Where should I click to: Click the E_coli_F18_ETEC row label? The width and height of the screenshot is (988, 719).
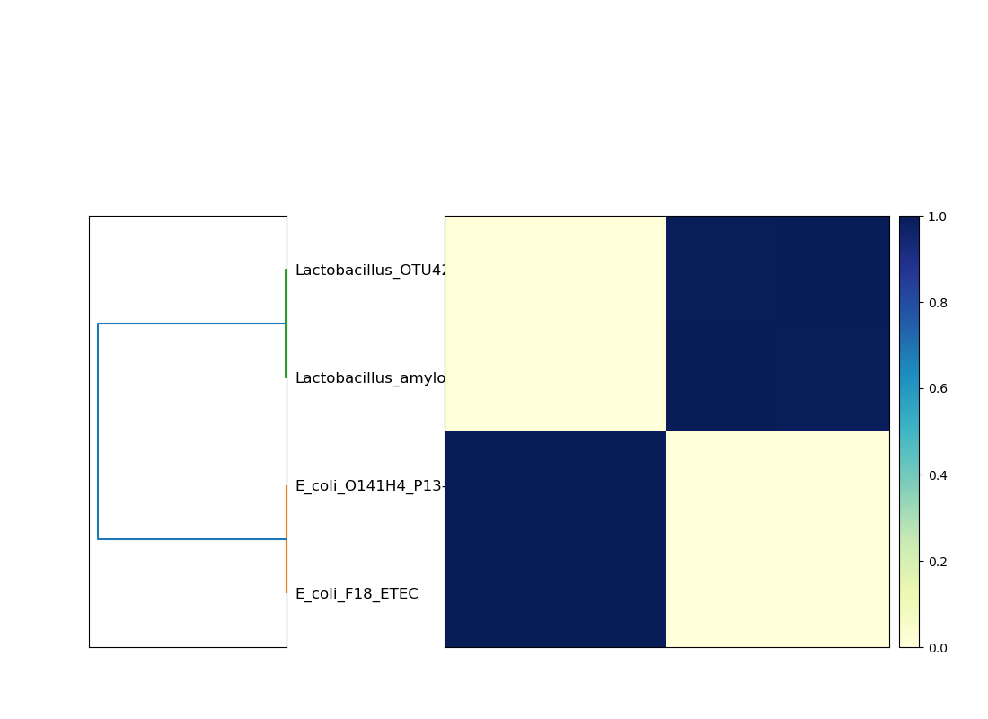pyautogui.click(x=357, y=594)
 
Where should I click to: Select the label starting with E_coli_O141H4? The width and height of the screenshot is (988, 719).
pyautogui.click(x=369, y=486)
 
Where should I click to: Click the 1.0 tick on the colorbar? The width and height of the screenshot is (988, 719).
pyautogui.click(x=937, y=217)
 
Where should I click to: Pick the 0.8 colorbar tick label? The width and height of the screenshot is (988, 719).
pyautogui.click(x=937, y=303)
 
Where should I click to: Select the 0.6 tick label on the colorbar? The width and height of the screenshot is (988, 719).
pyautogui.click(x=937, y=389)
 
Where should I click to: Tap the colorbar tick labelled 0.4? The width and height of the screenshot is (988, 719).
pyautogui.click(x=937, y=475)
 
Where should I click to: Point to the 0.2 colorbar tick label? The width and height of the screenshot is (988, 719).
pyautogui.click(x=937, y=562)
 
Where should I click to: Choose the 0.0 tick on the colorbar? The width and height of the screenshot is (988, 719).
pyautogui.click(x=937, y=648)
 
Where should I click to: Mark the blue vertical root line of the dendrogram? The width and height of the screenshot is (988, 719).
pyautogui.click(x=98, y=431)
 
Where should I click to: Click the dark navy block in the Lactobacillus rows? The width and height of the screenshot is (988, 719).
pyautogui.click(x=778, y=324)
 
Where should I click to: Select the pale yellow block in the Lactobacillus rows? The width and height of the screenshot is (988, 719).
pyautogui.click(x=555, y=324)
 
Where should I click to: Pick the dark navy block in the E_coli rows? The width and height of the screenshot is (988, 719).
pyautogui.click(x=555, y=539)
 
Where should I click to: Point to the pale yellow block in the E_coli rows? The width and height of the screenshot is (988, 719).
pyautogui.click(x=778, y=539)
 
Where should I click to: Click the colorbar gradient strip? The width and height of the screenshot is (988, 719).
pyautogui.click(x=910, y=431)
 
